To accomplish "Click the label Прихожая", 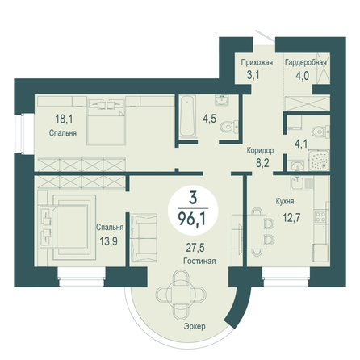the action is coord(257,62).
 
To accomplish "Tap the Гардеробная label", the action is coord(306,63).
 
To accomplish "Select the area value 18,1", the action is coord(64,119).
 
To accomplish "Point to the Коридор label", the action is coord(261,150).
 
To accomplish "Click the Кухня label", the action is coord(285,201).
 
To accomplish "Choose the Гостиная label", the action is coord(199,261).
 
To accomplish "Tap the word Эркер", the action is coord(195,326).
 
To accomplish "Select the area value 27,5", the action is coord(195,248).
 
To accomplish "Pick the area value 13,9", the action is coord(109,241).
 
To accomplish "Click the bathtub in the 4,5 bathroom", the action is coord(186,117).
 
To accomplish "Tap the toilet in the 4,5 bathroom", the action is coord(229,127).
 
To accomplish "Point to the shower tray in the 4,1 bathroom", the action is coord(319,160).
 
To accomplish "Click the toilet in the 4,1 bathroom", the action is coord(320,132).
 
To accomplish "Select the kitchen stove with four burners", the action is coord(320,217).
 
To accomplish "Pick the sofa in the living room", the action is coord(144,238).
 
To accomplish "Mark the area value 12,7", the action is coord(291,217).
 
